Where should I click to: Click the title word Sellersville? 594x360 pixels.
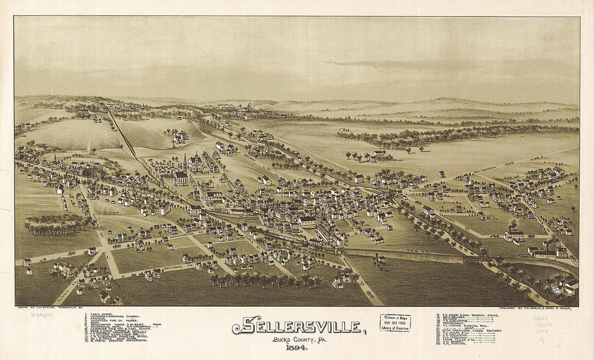coord(298,326)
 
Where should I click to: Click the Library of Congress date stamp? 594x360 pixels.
coord(395,322)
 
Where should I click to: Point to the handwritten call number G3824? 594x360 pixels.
coord(540,318)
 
